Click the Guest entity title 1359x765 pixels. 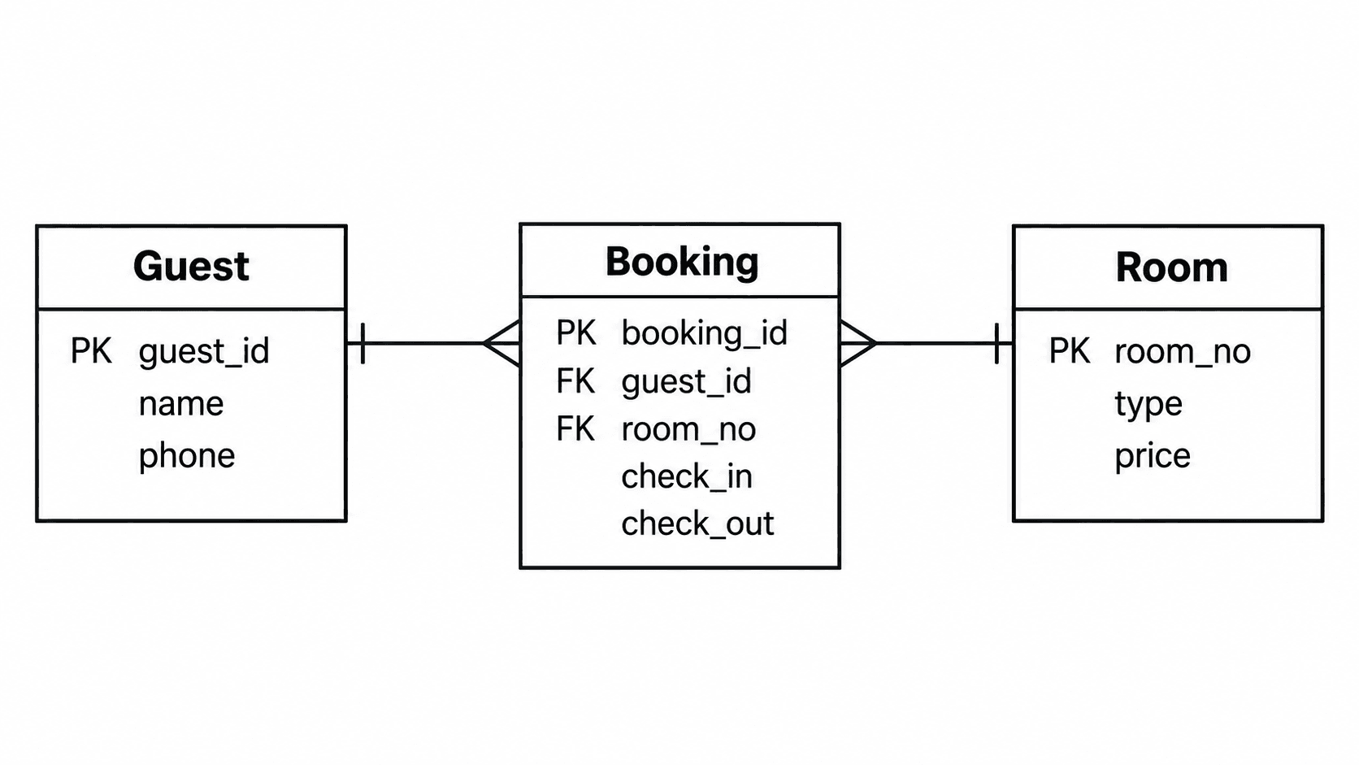click(191, 267)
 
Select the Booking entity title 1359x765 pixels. click(682, 262)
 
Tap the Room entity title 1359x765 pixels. click(1171, 267)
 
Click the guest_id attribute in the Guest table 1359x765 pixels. click(204, 351)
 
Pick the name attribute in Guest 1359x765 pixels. click(180, 404)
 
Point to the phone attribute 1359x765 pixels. click(187, 456)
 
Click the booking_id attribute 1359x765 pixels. click(705, 333)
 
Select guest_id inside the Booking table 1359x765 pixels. click(686, 381)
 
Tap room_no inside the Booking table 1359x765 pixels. click(688, 429)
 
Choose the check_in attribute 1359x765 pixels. click(687, 477)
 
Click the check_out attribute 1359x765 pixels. click(697, 524)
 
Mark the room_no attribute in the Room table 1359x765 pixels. click(1183, 351)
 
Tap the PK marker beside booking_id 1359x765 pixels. click(575, 333)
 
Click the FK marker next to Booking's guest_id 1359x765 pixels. click(575, 381)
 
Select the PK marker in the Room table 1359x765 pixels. click(1069, 351)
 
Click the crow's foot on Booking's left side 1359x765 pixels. click(501, 343)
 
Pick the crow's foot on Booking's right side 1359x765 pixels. click(858, 343)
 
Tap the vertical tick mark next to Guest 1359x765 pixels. click(363, 343)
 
